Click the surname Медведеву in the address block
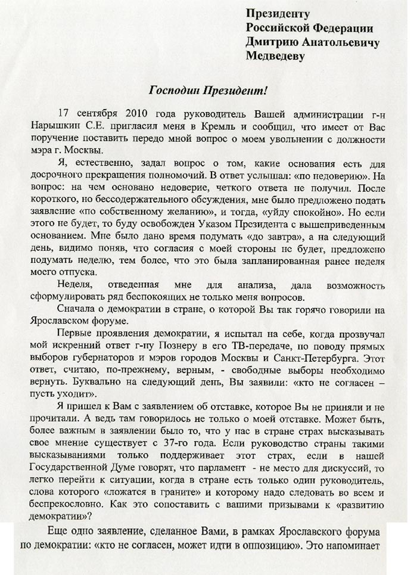[275, 57]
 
